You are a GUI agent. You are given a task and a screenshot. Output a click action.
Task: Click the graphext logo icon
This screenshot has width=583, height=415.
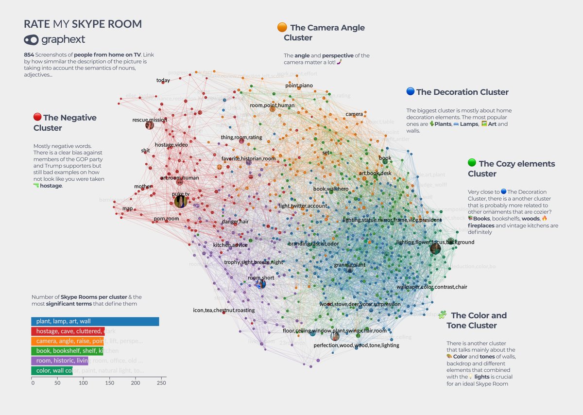tap(31, 40)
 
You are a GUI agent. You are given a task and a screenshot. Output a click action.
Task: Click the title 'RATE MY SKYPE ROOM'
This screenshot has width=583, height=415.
tap(83, 24)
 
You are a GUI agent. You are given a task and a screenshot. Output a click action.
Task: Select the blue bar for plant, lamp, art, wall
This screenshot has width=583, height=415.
tap(95, 321)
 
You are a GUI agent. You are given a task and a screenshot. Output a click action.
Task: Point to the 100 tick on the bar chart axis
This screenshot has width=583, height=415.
tap(84, 383)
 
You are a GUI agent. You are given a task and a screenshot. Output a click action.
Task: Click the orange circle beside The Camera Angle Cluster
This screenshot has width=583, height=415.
tap(282, 27)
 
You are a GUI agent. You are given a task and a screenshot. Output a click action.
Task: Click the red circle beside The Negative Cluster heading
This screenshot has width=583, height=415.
tap(37, 117)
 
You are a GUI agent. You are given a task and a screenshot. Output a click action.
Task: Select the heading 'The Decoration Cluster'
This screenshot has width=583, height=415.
tap(462, 92)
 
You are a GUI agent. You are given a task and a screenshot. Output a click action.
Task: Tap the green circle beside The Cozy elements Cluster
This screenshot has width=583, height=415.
tap(471, 163)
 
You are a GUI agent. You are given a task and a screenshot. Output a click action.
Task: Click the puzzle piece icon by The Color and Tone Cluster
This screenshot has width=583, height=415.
tap(442, 315)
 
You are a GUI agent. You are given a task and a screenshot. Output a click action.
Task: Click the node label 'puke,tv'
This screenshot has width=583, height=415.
tap(181, 194)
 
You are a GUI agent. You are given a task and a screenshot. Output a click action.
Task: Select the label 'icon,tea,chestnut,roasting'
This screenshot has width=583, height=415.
tap(223, 310)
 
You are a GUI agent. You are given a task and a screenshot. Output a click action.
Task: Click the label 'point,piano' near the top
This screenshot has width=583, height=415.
tap(299, 86)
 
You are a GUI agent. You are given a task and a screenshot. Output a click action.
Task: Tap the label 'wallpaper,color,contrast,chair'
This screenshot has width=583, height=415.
tap(431, 287)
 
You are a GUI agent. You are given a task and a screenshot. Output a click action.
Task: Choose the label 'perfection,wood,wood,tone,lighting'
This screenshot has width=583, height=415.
tap(356, 345)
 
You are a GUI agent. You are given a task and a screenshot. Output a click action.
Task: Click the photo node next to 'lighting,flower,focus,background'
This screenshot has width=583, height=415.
tap(435, 249)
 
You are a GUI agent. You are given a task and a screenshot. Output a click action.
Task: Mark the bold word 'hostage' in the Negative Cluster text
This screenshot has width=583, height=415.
tap(52, 186)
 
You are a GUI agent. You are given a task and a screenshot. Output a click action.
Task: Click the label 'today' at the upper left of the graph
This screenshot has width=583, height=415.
tap(163, 80)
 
